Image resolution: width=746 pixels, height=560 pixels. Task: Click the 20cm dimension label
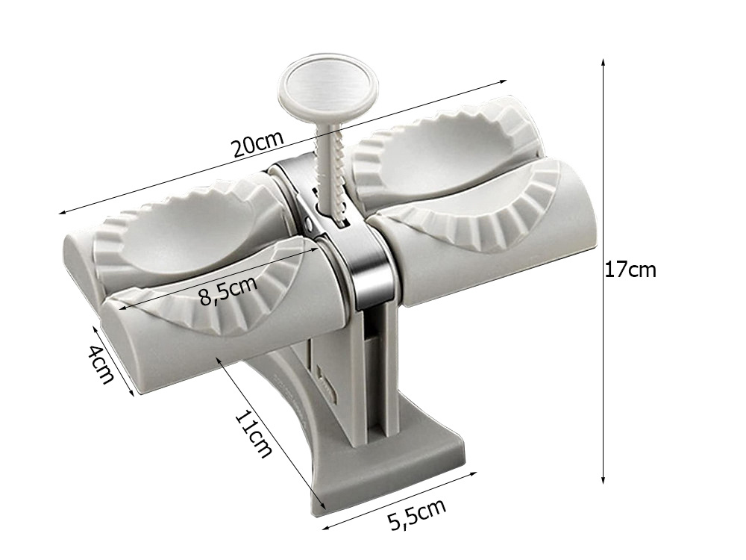(x=258, y=143)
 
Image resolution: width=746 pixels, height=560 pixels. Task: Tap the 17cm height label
(x=630, y=270)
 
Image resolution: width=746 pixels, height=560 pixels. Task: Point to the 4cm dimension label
(x=101, y=364)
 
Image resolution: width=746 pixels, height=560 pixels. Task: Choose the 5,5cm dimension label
(x=417, y=514)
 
